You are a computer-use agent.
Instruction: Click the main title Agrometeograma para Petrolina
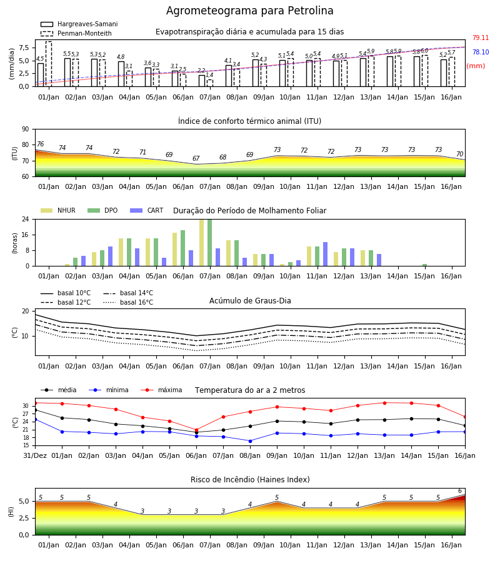coord(249,11)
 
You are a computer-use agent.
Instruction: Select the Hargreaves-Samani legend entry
coord(79,24)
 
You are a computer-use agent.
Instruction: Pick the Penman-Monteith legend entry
coord(76,33)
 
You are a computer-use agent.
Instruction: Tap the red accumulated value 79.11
coord(481,38)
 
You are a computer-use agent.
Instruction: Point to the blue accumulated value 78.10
coord(481,52)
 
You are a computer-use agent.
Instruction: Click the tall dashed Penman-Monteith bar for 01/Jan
coord(48,64)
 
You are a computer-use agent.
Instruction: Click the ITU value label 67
coord(196,158)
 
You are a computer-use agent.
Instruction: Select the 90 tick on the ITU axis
coord(26,129)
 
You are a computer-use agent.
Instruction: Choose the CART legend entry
coord(147,210)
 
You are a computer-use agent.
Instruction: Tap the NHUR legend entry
coord(57,210)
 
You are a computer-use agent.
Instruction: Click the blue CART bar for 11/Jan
coord(326,254)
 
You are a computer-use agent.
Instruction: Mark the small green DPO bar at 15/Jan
coord(424,265)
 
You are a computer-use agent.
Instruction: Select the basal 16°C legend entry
coord(128,302)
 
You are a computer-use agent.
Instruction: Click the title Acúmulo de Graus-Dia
coord(250,300)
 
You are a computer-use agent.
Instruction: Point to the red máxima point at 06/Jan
coord(196,430)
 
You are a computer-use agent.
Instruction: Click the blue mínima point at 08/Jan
coord(251,441)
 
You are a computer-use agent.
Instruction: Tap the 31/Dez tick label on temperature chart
coord(35,455)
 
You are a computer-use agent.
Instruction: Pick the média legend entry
coord(59,390)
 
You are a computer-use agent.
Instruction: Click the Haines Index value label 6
coord(460,491)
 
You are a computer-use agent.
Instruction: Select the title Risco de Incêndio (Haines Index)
coord(250,480)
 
